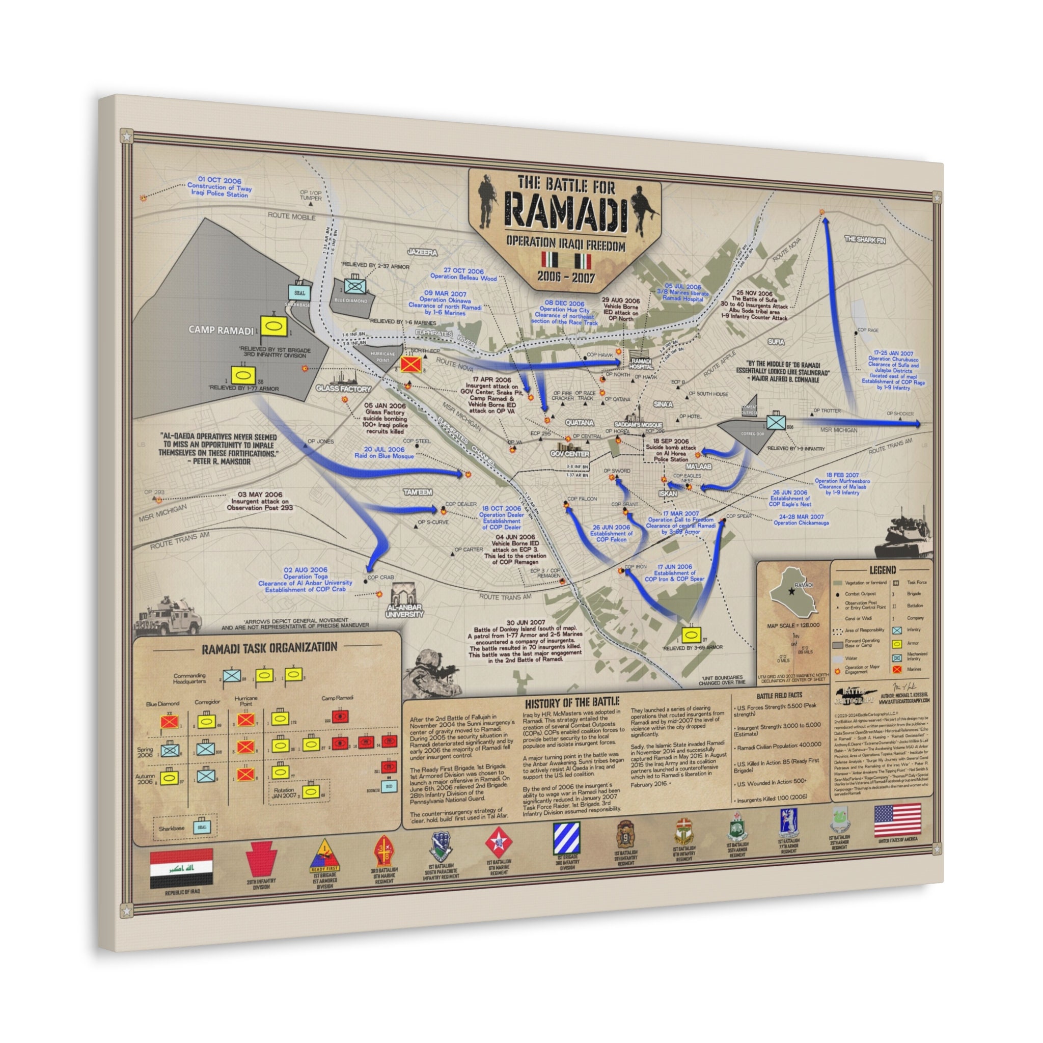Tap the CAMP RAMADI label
(x=221, y=330)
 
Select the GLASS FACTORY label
(x=344, y=388)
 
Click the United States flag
(x=897, y=820)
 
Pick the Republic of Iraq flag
(x=181, y=869)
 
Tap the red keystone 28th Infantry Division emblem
(x=261, y=859)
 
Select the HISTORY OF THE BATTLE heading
(x=572, y=702)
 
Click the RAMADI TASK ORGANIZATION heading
(x=269, y=648)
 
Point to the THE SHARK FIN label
(x=864, y=239)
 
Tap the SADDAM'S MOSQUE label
(x=638, y=425)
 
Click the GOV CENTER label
(x=569, y=454)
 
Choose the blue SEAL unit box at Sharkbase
(x=299, y=293)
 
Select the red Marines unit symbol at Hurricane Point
(x=411, y=365)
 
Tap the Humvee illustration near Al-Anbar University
(x=169, y=615)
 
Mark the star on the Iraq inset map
(x=792, y=591)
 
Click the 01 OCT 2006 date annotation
(x=219, y=180)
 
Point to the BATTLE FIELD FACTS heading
(x=779, y=695)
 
